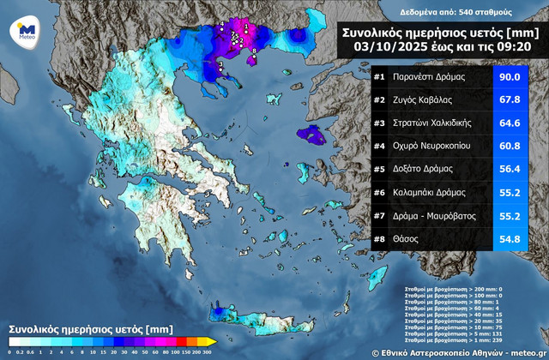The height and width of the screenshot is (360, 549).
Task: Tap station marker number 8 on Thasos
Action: coord(252,52)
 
